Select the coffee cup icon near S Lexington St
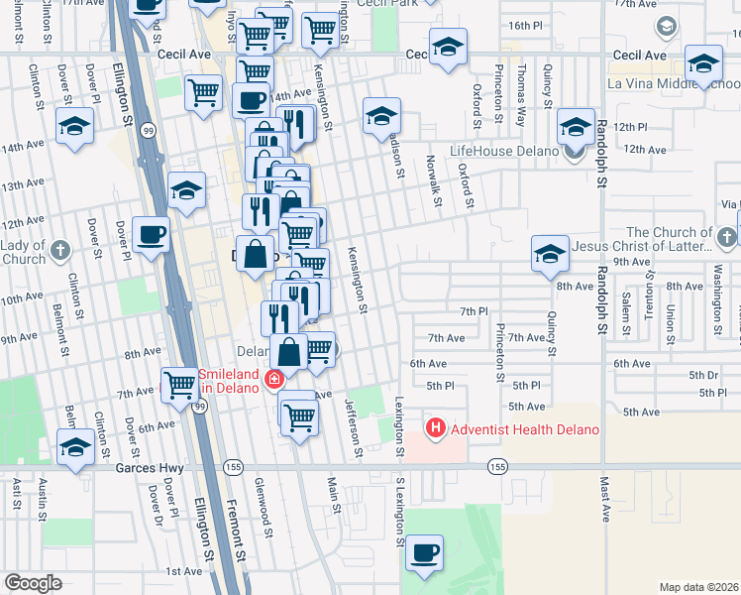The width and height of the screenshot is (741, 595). (425, 553)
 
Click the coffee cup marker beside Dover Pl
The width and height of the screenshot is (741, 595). (151, 235)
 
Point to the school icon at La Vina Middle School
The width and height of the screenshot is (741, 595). (703, 64)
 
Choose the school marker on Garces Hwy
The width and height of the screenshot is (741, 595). (75, 448)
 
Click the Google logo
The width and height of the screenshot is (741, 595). (33, 583)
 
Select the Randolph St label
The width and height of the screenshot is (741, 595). (601, 145)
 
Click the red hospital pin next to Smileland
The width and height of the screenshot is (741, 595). (272, 379)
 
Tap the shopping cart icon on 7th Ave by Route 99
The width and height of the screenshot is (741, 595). (179, 384)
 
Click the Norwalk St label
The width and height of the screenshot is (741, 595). (433, 180)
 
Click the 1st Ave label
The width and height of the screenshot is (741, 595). (183, 571)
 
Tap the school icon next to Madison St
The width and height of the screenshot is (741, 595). (380, 117)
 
